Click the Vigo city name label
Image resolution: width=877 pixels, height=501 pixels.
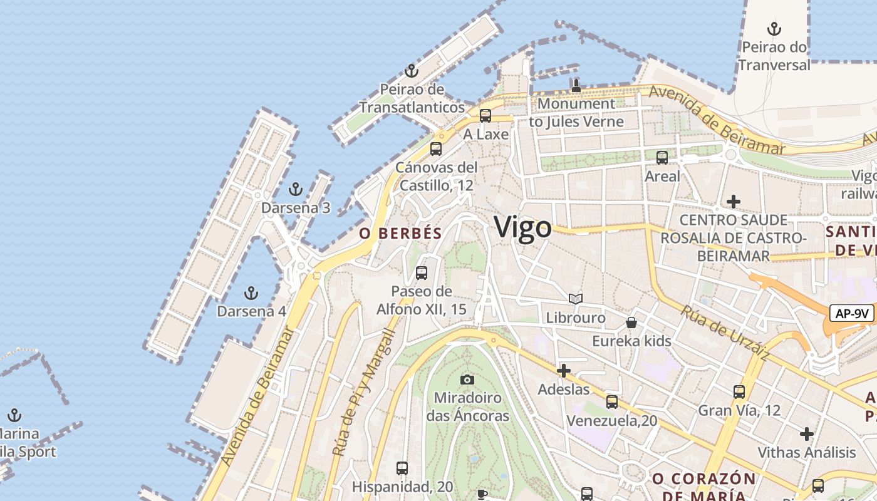coord(523,227)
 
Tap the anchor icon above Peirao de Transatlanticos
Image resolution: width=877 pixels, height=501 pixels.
coord(412,70)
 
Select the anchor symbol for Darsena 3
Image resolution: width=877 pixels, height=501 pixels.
coord(295,189)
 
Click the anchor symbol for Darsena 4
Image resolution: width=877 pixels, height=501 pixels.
coord(251,292)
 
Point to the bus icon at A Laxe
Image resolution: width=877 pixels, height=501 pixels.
coord(485,116)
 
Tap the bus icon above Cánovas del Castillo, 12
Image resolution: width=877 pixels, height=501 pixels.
coord(436,149)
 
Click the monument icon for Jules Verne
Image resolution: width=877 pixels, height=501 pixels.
coord(576,85)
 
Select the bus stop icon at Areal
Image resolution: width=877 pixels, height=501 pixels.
coord(662,158)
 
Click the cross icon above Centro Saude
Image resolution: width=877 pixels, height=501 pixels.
coord(733,202)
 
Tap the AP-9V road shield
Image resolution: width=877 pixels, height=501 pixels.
coord(852,313)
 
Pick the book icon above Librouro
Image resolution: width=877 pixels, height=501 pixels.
coord(576,299)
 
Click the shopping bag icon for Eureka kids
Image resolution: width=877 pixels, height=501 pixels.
coord(631,323)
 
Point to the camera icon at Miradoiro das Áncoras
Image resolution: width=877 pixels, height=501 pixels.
coord(467,380)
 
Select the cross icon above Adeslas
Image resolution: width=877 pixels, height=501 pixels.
coord(564,371)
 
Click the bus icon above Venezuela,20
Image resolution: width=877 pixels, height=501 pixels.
coord(612,401)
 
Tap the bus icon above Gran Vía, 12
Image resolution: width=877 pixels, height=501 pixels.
coord(739,392)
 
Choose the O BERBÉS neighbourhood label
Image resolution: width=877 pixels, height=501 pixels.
coord(401,234)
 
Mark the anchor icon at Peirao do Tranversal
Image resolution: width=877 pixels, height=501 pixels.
coord(774,29)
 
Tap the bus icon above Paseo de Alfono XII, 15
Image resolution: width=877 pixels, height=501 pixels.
coord(422,273)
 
